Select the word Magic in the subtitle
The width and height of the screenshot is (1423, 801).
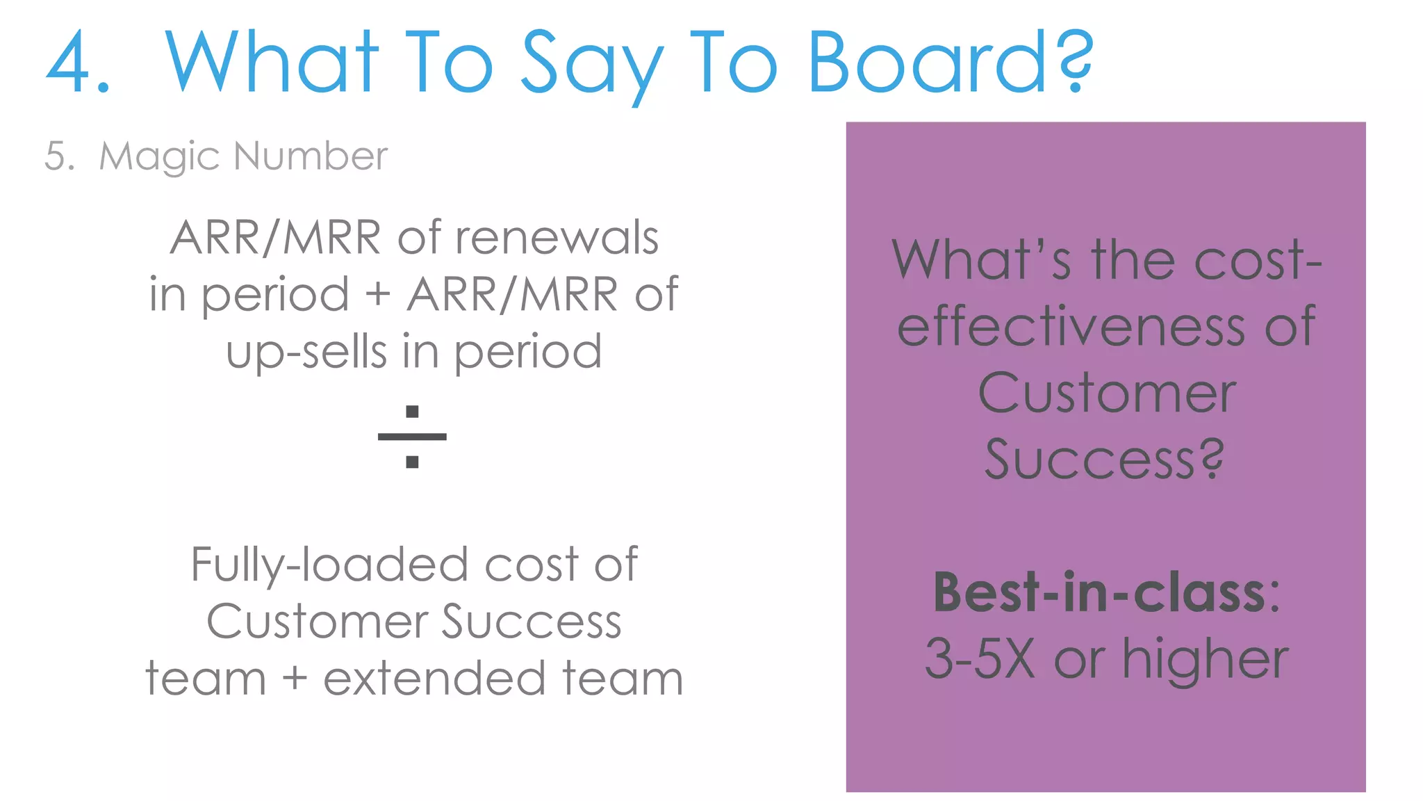pos(160,156)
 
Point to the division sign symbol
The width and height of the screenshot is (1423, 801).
pos(412,437)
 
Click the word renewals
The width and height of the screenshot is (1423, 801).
pos(557,238)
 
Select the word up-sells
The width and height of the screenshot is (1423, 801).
pos(306,352)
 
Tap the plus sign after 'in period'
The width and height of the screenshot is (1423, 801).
pos(378,293)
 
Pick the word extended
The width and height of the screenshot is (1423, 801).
pos(434,679)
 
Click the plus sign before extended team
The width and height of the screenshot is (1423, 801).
pos(295,679)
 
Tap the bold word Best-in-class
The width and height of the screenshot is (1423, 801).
pos(1099,592)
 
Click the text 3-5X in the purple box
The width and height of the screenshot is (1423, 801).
pos(980,658)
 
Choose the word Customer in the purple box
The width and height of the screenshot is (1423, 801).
pos(1106,393)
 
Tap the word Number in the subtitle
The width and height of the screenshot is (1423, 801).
pos(311,156)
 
